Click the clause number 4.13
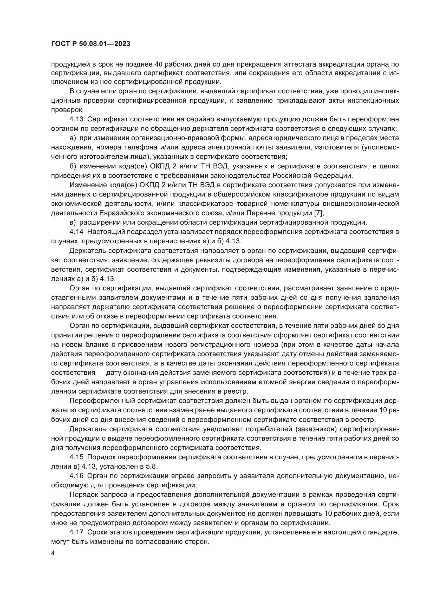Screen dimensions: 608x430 click(76, 119)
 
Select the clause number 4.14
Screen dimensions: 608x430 click(76, 232)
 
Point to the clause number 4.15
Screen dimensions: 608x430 click(76, 457)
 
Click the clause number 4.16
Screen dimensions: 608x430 click(76, 476)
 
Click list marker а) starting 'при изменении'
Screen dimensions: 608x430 click(73, 138)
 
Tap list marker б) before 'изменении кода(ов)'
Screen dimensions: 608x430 click(73, 166)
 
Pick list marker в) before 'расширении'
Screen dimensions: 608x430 click(73, 223)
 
